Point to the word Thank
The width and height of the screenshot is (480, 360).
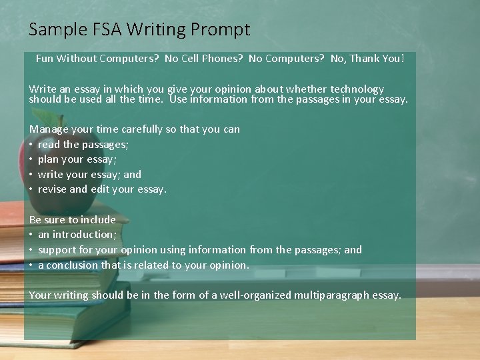pyautogui.click(x=364, y=58)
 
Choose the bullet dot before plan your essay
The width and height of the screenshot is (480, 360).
pyautogui.click(x=31, y=159)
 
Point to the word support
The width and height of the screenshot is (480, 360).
pyautogui.click(x=58, y=250)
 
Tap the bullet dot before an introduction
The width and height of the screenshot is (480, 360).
pyautogui.click(x=31, y=235)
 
